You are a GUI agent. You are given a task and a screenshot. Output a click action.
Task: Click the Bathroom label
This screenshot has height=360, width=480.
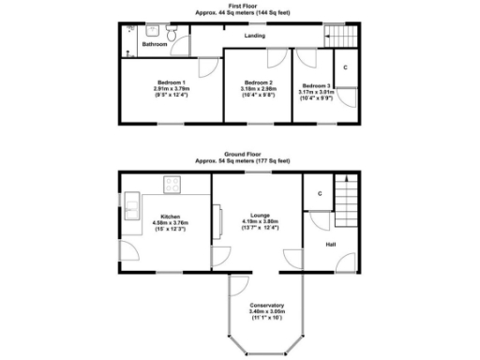(155, 44)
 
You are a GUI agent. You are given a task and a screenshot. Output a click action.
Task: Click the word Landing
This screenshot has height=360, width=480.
(254, 37)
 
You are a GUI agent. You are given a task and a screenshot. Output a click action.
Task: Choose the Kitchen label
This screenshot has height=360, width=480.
(171, 216)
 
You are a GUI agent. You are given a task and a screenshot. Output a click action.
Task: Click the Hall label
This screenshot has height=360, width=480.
(331, 245)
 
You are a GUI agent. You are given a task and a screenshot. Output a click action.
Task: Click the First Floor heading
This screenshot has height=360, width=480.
(240, 6)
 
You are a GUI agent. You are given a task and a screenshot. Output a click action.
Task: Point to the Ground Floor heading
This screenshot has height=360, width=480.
(240, 155)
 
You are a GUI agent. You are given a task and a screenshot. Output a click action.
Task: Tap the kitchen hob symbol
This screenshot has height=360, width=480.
(172, 182)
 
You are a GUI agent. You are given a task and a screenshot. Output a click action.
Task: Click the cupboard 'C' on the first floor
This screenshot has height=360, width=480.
(346, 68)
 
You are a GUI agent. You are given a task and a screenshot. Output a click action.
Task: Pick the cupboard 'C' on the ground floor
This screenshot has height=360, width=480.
(321, 194)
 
